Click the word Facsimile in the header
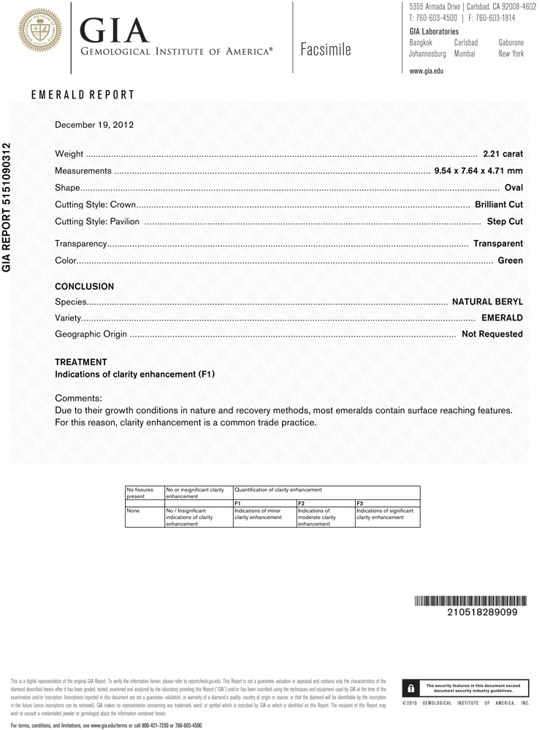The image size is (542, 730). click(325, 50)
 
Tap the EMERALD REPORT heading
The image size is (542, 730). click(83, 95)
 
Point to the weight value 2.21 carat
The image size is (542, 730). click(503, 154)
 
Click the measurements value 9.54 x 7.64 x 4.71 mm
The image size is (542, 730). click(478, 171)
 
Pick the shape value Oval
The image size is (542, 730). click(514, 188)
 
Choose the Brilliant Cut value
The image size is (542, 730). click(499, 204)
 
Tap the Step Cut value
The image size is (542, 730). click(505, 221)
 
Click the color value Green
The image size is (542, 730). click(510, 261)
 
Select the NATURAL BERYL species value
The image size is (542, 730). click(487, 301)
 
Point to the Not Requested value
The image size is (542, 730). click(492, 334)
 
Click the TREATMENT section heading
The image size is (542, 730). click(81, 362)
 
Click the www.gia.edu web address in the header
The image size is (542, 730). click(427, 71)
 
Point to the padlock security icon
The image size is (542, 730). click(411, 688)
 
